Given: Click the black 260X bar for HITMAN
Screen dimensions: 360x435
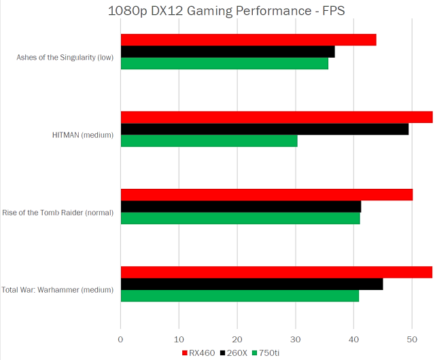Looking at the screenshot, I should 264,129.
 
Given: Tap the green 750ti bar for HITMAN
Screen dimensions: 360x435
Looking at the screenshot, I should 209,141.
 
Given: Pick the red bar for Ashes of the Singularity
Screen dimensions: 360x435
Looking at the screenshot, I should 248,40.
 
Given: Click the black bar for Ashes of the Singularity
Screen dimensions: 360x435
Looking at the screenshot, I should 227,52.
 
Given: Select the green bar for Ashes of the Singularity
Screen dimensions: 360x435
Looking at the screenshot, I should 224,63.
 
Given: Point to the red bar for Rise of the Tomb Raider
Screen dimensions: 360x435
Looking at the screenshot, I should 266,195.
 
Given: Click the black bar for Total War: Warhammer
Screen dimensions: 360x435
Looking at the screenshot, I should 251,284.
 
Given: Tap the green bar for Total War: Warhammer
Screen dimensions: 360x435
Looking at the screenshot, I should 239,295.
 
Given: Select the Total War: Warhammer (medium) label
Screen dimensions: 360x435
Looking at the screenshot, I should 57,290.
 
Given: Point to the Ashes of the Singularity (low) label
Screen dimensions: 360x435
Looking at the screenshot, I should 65,57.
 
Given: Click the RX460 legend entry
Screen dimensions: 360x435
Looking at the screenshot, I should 199,353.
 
